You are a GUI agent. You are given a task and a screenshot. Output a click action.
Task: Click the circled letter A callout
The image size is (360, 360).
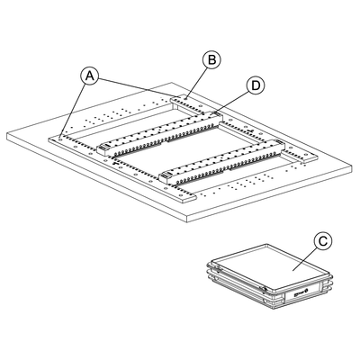click(90, 76)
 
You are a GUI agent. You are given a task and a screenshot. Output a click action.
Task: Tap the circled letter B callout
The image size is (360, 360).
click(211, 59)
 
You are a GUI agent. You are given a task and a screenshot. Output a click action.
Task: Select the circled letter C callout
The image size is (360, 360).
click(323, 241)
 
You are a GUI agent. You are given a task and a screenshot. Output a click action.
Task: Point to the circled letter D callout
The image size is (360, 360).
click(256, 85)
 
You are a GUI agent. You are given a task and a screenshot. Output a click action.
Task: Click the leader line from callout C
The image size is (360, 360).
click(305, 259)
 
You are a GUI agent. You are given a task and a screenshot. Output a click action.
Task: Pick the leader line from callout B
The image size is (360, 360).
click(196, 83)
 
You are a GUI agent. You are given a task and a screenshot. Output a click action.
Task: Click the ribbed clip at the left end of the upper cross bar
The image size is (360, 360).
click(104, 148)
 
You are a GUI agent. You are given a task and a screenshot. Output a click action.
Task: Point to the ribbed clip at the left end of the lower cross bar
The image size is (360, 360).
click(166, 175)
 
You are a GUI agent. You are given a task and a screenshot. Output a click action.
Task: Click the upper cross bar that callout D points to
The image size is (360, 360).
click(161, 131)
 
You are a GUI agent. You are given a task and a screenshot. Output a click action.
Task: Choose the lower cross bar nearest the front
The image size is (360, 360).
click(222, 160)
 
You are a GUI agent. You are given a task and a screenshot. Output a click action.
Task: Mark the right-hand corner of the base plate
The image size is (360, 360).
click(351, 165)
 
